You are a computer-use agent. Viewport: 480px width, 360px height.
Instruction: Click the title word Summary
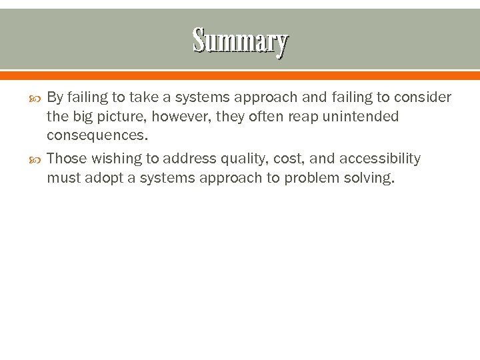click(240, 41)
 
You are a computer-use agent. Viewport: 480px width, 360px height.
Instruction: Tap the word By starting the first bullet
click(55, 97)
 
